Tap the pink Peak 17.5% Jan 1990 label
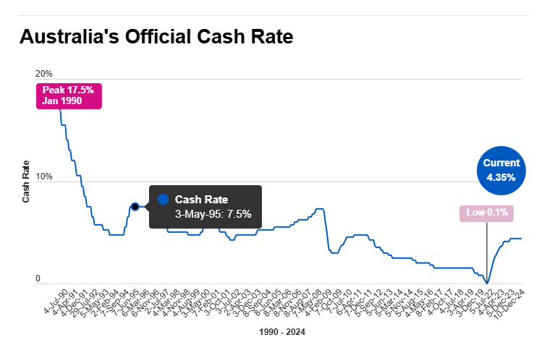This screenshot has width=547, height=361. coord(69,95)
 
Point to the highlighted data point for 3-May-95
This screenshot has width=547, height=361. coord(135,207)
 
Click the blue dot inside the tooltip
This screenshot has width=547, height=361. coord(163,199)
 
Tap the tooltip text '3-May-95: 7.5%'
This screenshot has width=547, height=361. coord(213,214)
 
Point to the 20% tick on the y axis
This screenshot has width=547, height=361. coord(43,74)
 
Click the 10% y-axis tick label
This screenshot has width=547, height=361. coord(43,177)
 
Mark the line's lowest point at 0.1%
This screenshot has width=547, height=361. coord(487,282)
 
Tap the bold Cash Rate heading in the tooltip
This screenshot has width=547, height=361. coord(201,199)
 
